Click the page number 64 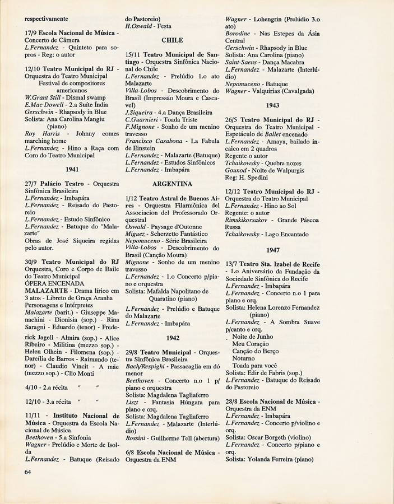[29, 472]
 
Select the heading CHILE [172, 40]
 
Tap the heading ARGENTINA [172, 183]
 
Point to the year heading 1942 [172, 338]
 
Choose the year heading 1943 [272, 105]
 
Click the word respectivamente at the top [52, 18]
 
